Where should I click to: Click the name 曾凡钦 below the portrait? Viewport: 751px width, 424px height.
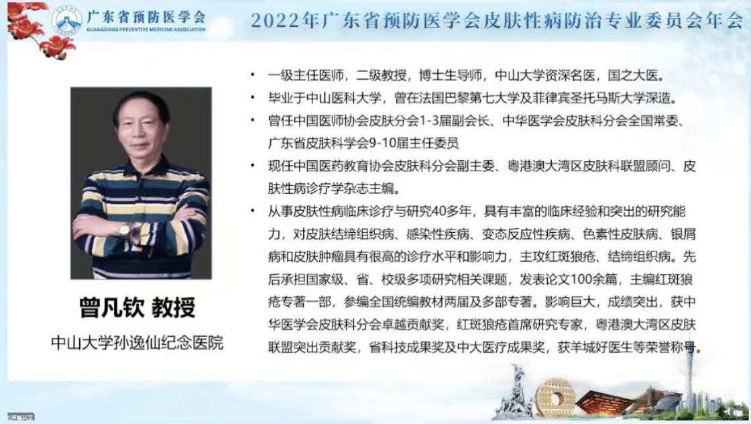point(112,307)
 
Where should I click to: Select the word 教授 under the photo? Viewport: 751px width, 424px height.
point(174,307)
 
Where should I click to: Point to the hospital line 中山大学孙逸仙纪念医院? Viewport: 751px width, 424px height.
point(137,343)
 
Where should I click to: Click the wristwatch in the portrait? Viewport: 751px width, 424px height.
point(125,231)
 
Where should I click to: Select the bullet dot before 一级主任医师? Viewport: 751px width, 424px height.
point(253,75)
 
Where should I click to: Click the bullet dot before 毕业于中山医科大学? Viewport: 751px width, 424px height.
point(253,98)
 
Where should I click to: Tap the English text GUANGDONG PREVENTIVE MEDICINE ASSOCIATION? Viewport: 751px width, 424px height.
point(146,30)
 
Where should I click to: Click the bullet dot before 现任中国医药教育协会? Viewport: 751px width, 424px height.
point(253,166)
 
